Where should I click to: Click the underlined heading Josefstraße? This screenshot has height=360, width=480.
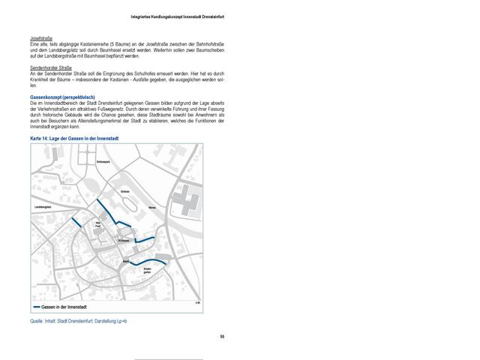(40, 37)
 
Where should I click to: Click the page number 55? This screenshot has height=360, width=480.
(221, 336)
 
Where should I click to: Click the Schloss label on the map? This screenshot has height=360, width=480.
(124, 192)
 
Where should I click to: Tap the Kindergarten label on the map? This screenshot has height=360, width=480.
(148, 270)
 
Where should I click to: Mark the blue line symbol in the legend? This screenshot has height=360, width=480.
(36, 307)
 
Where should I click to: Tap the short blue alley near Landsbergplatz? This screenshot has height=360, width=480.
(76, 221)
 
